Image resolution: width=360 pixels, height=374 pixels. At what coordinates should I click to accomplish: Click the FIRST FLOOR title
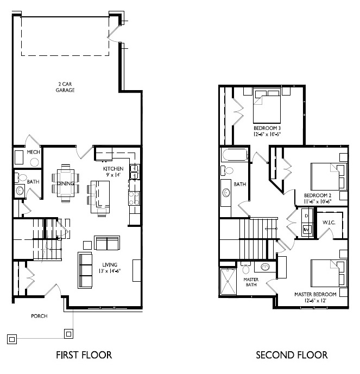[84, 355]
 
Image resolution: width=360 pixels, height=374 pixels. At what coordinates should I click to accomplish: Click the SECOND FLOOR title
[292, 355]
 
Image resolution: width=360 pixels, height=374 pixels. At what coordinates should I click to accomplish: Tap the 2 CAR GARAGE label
[65, 87]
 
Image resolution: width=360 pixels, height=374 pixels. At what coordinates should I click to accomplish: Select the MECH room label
[34, 152]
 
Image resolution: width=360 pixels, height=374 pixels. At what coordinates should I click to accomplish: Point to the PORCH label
[39, 316]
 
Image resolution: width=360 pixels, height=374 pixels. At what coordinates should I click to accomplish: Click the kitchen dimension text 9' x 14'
[113, 175]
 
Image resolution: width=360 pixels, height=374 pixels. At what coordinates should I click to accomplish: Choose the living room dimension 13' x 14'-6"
[110, 271]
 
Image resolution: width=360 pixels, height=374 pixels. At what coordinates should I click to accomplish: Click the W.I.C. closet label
[329, 223]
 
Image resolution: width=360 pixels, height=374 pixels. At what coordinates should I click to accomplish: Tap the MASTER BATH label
[251, 282]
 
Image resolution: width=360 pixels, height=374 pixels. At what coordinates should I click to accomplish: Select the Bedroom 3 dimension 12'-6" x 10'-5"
[267, 134]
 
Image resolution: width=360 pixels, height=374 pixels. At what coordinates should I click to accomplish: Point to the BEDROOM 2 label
[318, 195]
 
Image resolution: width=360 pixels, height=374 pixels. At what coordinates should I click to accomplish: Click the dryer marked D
[307, 216]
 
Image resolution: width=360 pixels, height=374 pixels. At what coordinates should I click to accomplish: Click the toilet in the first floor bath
[22, 178]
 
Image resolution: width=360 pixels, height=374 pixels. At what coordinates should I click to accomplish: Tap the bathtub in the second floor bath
[235, 155]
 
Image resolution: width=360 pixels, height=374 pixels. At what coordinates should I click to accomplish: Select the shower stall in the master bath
[228, 282]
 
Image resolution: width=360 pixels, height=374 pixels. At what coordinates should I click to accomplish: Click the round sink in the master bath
[265, 267]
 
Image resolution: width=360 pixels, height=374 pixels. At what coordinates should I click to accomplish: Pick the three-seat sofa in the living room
[85, 270]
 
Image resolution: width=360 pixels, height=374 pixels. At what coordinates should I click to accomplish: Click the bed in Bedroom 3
[267, 105]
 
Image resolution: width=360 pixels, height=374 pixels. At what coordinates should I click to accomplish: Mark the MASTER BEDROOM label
[315, 294]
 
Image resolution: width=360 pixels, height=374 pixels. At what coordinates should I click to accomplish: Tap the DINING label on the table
[66, 183]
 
